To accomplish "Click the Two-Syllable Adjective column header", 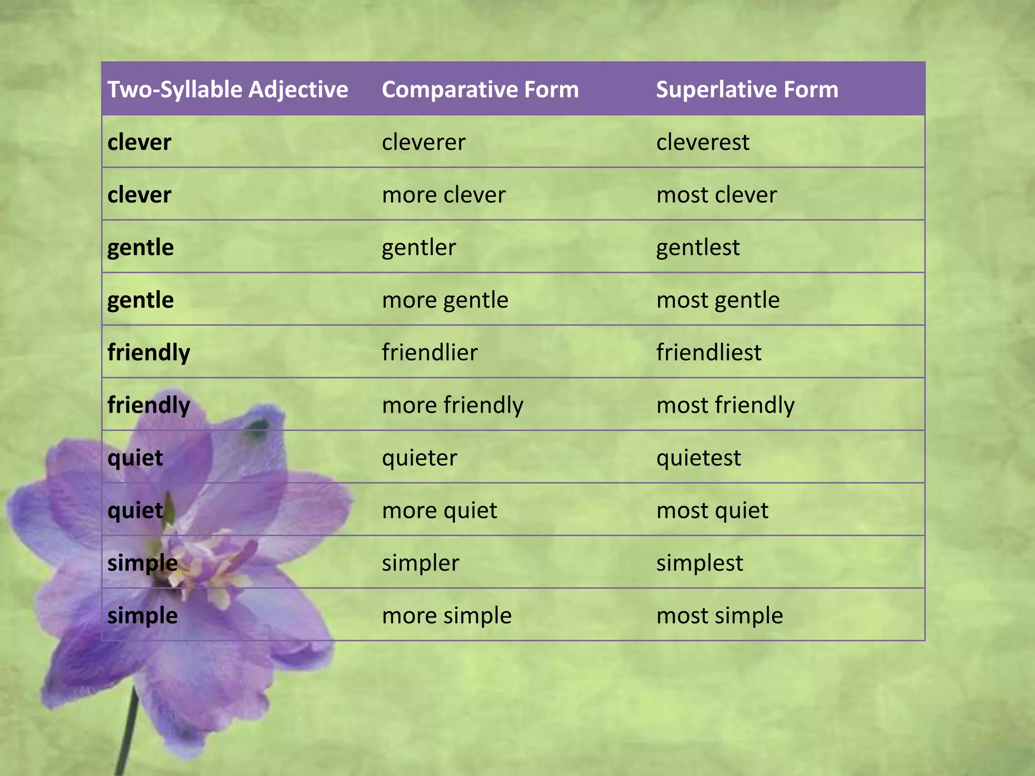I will point(227,89).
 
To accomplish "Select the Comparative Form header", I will point(480,89).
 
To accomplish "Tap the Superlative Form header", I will point(747,89).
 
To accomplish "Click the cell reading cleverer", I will point(424,142).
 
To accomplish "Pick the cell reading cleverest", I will point(702,142).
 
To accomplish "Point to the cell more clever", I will point(443,195).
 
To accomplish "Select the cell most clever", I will point(716,195).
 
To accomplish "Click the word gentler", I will point(418,248).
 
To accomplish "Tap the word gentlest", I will point(697,248).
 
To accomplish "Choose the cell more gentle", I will point(445,300).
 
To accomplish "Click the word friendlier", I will point(430,352).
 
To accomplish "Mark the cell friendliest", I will point(709,352).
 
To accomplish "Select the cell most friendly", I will point(725,405).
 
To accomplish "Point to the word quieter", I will point(419,458).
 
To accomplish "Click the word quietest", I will point(698,458).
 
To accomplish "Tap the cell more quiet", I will point(439,510).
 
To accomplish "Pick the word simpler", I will point(420,563).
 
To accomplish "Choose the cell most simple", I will point(719,615).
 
